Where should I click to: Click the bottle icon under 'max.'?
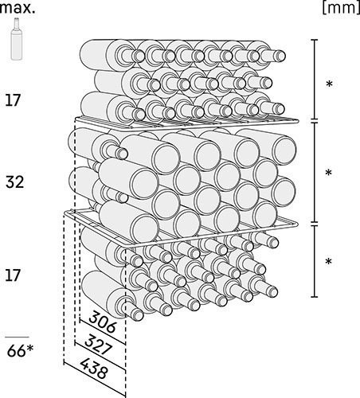pyautogui.click(x=17, y=38)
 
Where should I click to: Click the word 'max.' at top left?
pyautogui.click(x=18, y=8)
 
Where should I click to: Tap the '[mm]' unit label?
pyautogui.click(x=341, y=8)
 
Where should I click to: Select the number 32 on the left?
pyautogui.click(x=14, y=182)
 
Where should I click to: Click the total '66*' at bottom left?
pyautogui.click(x=21, y=351)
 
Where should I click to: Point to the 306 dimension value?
pyautogui.click(x=102, y=322)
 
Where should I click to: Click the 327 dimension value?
pyautogui.click(x=98, y=345)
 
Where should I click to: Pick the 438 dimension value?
pyautogui.click(x=94, y=369)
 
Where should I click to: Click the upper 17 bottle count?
pyautogui.click(x=13, y=100)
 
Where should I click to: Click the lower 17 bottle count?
pyautogui.click(x=13, y=275)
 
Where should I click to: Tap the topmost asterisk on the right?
pyautogui.click(x=329, y=84)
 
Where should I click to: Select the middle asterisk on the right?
pyautogui.click(x=329, y=173)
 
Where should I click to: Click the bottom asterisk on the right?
pyautogui.click(x=329, y=261)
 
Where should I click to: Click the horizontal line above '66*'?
pyautogui.click(x=18, y=338)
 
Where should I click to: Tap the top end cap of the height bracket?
pyautogui.click(x=315, y=40)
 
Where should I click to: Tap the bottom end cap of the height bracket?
pyautogui.click(x=315, y=297)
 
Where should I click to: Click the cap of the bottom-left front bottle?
pyautogui.click(x=138, y=315)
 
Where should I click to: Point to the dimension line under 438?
pyautogui.click(x=95, y=380)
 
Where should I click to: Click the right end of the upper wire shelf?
pyautogui.click(x=297, y=122)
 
